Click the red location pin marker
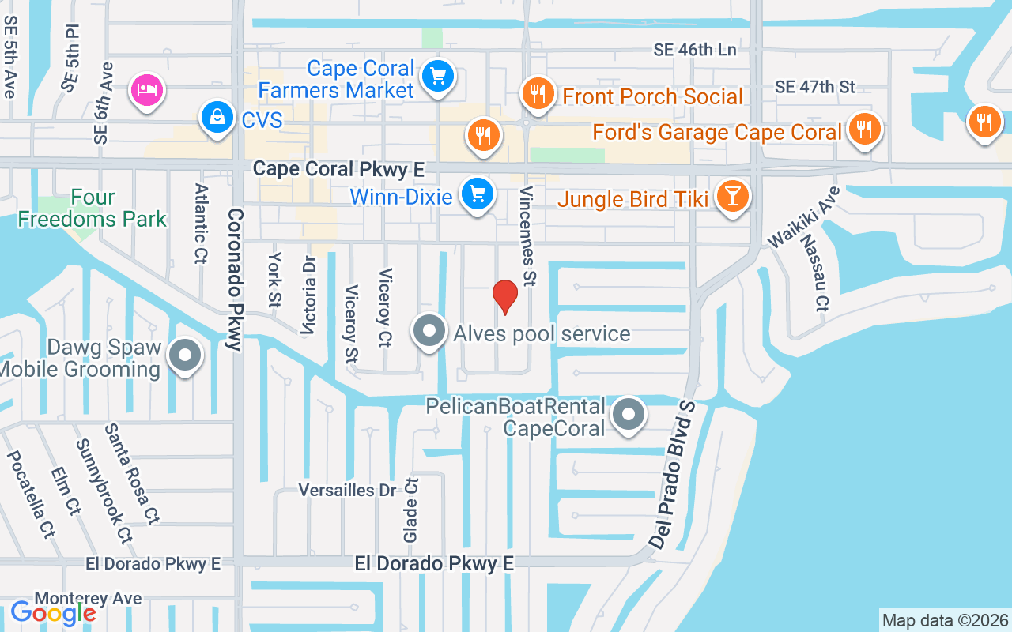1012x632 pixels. [504, 296]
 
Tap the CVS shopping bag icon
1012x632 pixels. [216, 118]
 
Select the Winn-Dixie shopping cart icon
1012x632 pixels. [477, 194]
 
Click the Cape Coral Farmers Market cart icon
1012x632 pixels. [437, 77]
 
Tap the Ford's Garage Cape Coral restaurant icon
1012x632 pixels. [863, 129]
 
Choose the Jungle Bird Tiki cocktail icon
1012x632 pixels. [732, 197]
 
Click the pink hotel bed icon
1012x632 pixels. [147, 89]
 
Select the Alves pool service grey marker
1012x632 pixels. [429, 332]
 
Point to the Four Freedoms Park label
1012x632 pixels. [93, 208]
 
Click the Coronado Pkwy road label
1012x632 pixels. [234, 279]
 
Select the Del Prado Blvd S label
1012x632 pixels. [674, 474]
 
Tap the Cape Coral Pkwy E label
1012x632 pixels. [338, 169]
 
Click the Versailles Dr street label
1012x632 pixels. [347, 490]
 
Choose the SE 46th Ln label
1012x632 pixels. [695, 50]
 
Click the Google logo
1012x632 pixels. [53, 612]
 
